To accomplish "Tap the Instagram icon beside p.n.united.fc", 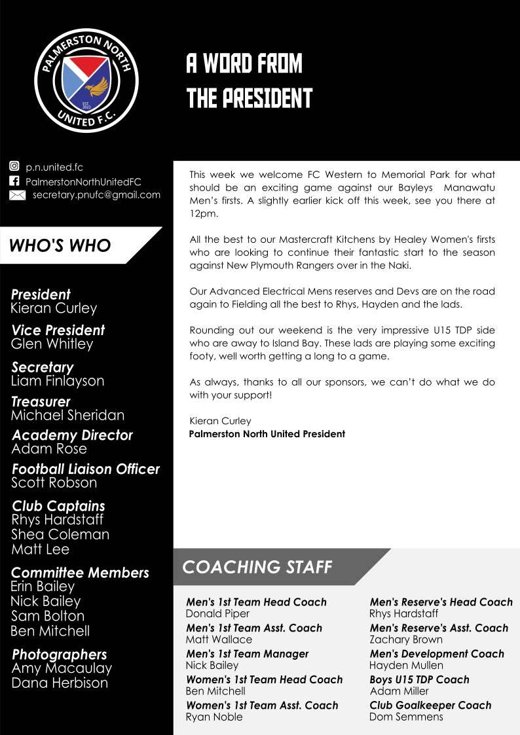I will tap(14, 167).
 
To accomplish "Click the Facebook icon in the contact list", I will tap(14, 181).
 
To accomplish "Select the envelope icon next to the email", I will tap(17, 195).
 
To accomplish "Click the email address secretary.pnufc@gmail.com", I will tap(96, 194).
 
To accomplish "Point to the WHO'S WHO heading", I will tap(60, 245).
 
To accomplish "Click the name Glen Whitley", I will tap(52, 344).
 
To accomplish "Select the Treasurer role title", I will tap(41, 401).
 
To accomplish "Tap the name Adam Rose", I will tap(49, 448).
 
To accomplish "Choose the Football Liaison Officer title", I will tap(86, 469).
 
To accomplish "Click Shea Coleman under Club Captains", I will tap(60, 534).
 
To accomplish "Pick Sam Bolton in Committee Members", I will tap(48, 616).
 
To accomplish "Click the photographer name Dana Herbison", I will tap(60, 683).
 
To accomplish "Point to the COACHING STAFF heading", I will tap(257, 567).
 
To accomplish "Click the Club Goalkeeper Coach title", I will tap(430, 705).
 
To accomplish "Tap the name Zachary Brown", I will tap(406, 639).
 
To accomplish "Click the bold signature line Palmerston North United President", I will tap(267, 434).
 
